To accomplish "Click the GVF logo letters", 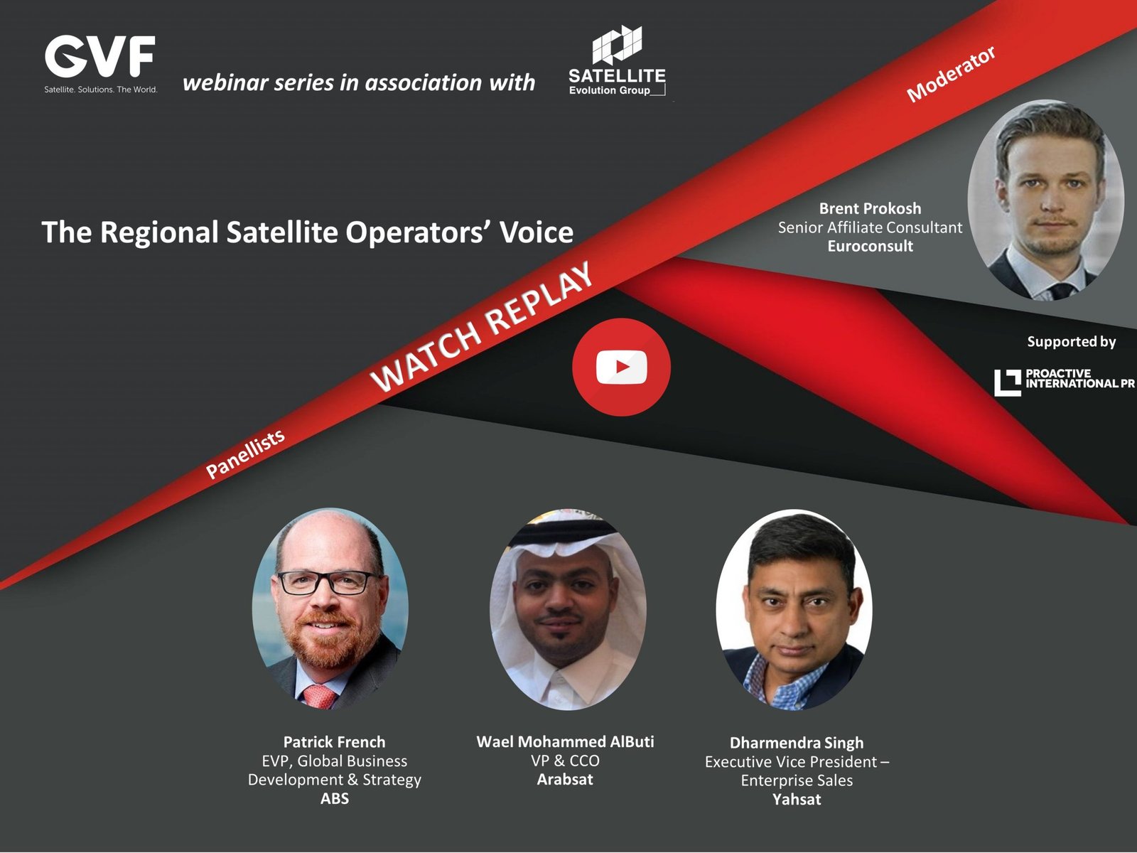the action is click(x=100, y=56).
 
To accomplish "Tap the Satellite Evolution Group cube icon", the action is click(x=616, y=45).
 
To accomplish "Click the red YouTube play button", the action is click(x=621, y=367).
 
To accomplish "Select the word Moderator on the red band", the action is click(x=951, y=74).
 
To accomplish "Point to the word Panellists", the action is click(x=245, y=454).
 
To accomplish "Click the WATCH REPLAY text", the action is click(x=481, y=326).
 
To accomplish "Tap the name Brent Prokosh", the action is click(x=870, y=208).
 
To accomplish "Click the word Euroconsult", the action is click(x=871, y=245).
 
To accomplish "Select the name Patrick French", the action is click(x=334, y=741).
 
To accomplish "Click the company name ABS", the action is click(x=334, y=798).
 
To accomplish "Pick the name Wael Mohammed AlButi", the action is click(x=565, y=741).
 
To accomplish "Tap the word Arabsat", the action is click(x=565, y=779).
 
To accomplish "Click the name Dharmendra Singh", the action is click(x=797, y=743).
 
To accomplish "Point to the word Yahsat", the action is click(x=797, y=799).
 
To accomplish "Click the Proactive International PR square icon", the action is click(x=1008, y=382).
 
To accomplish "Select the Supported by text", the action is click(x=1071, y=341).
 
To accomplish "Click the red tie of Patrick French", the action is click(x=320, y=696).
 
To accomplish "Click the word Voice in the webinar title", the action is click(x=536, y=232).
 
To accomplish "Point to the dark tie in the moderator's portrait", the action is click(x=1062, y=290).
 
